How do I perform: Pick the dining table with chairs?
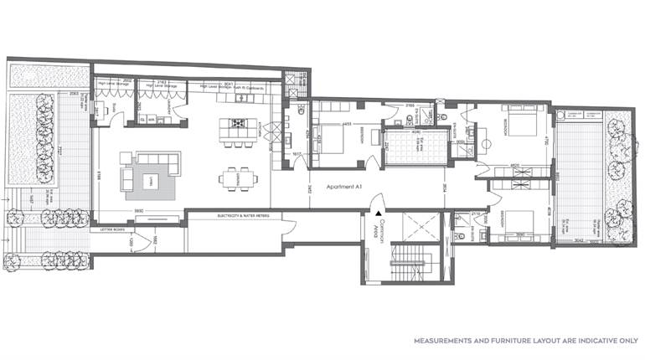point(235,178)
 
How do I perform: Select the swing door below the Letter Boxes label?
point(142,244)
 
